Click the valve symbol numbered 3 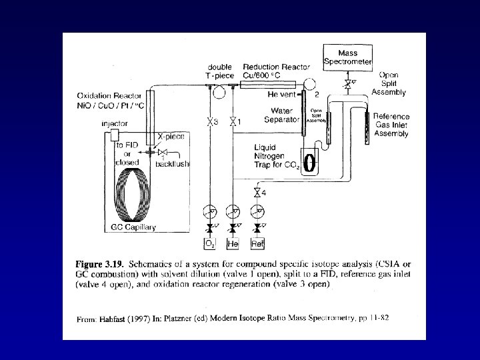[x=209, y=122]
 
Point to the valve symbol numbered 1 [x=232, y=122]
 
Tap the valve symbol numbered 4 [x=257, y=193]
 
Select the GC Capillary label [x=132, y=228]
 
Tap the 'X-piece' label [x=171, y=136]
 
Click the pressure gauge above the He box [x=233, y=212]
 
